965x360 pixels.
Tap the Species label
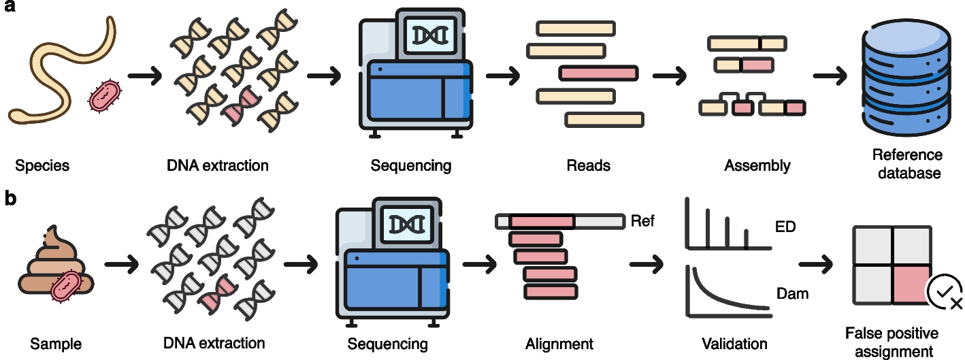(42, 165)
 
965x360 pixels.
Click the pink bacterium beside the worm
(105, 96)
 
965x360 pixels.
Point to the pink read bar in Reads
(598, 73)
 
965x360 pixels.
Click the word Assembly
(757, 165)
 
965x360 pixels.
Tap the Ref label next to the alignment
(643, 220)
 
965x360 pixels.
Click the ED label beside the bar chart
(785, 227)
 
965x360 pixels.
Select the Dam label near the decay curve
(792, 294)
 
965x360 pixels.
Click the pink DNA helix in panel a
(243, 103)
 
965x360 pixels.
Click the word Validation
(735, 343)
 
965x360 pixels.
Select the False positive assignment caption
(892, 342)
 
